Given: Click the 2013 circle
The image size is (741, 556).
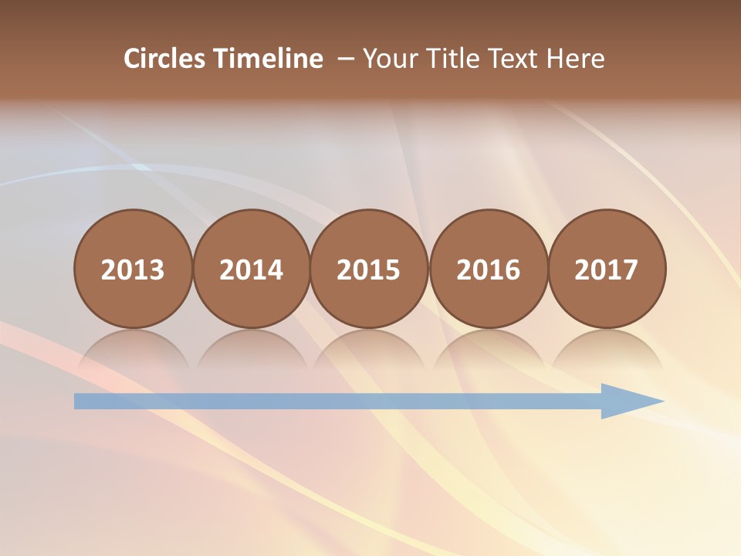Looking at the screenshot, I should [133, 270].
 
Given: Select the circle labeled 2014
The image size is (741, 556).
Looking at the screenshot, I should [251, 270].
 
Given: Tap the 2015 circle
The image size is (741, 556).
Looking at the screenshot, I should [369, 270].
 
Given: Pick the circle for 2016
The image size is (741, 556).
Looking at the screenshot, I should [488, 270].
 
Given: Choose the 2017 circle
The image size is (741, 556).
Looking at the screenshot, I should [607, 270].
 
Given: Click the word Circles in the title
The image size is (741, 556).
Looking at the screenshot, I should [165, 59].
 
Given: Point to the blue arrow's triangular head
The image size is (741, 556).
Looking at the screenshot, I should [629, 401].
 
